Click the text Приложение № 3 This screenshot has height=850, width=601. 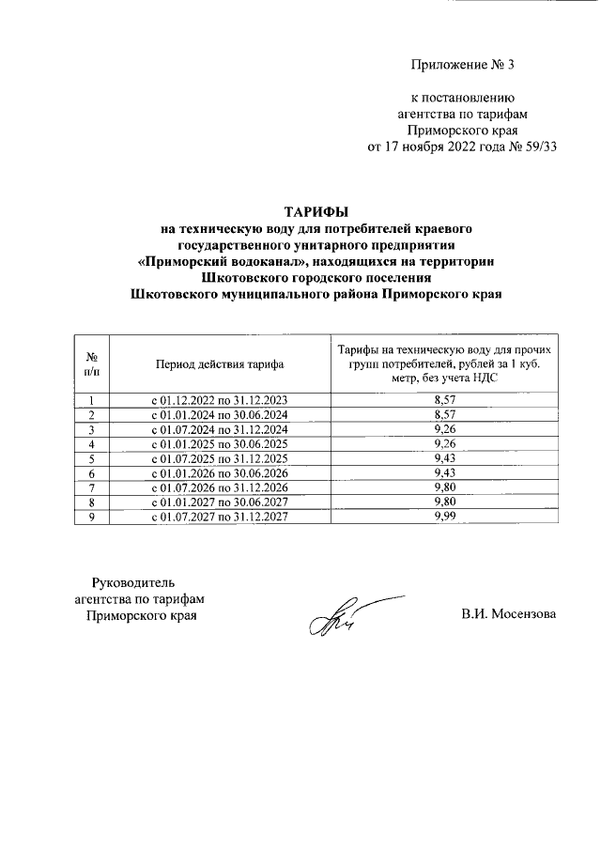point(463,65)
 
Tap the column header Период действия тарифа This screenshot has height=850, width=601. point(219,364)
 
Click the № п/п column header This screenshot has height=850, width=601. point(93,364)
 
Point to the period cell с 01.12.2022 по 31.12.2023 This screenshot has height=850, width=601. point(219,400)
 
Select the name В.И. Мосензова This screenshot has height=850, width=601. point(508,615)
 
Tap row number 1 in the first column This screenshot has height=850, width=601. point(93,400)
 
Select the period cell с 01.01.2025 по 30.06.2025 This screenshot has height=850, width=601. point(219,444)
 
